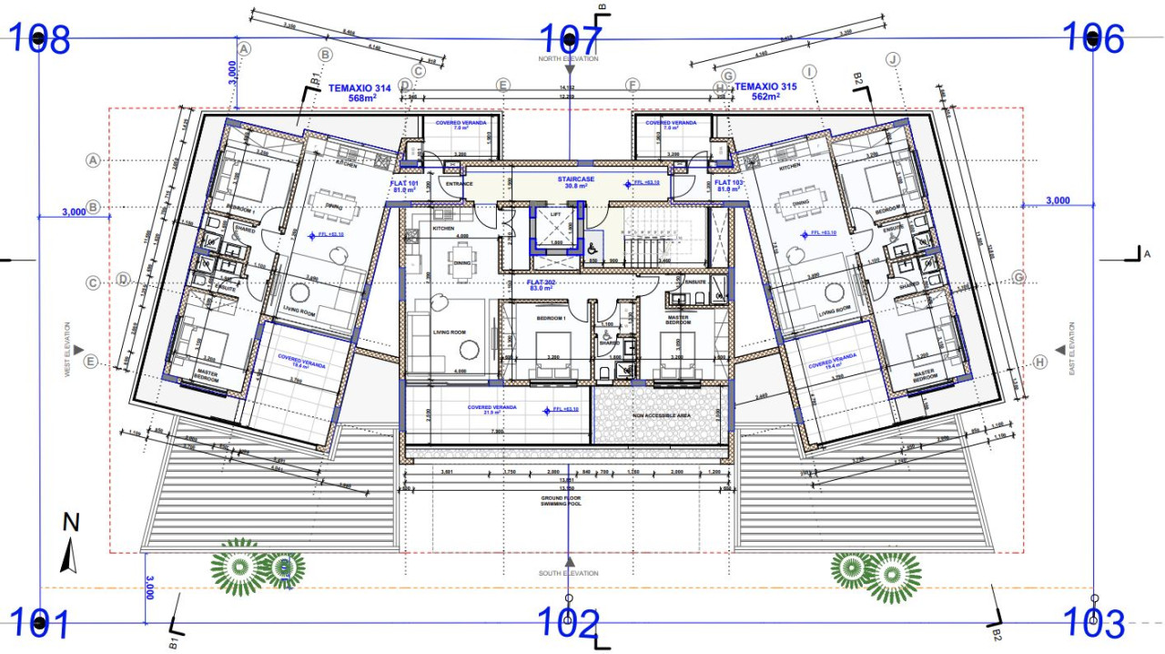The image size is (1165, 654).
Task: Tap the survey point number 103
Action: (1094, 624)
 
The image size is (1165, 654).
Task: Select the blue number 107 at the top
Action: (571, 39)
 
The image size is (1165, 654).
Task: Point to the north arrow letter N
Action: (71, 523)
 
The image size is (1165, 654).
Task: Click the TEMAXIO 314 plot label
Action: (360, 92)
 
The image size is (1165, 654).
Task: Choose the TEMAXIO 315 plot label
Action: (765, 91)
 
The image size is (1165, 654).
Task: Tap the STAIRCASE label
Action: (576, 180)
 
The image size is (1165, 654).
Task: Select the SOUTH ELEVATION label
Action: (570, 573)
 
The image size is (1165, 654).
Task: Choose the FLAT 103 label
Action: (730, 185)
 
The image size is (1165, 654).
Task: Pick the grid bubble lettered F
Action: (633, 85)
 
